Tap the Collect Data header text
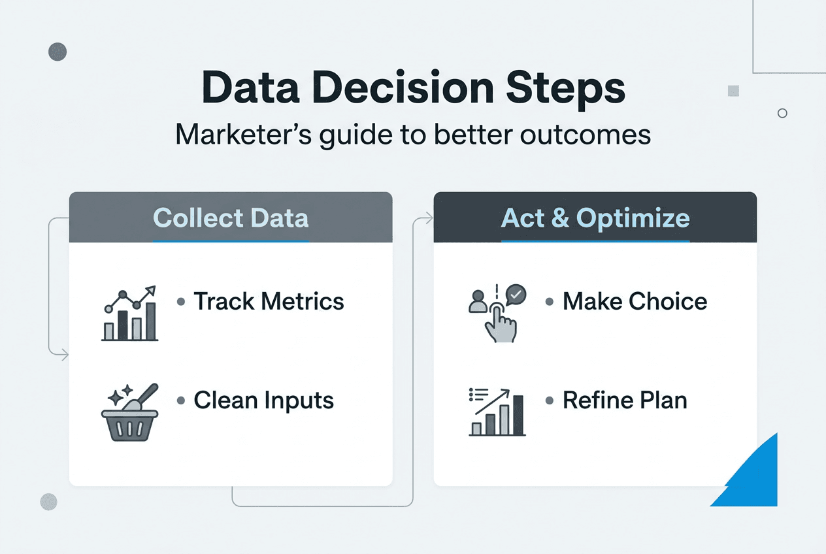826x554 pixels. coord(231,218)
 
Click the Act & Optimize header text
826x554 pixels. coord(595,218)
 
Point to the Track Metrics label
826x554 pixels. coord(269,301)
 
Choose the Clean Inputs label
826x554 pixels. coord(263,400)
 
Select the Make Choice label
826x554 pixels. coord(635,301)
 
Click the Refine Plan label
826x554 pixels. coord(625,400)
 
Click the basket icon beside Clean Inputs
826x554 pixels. coord(130,412)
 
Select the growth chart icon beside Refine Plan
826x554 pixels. coord(498,412)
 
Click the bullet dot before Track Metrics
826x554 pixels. coord(181,302)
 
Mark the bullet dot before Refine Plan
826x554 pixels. coord(550,400)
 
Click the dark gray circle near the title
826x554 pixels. coord(58,52)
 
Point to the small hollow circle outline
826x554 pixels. coord(782,113)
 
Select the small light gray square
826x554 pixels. coord(733,91)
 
